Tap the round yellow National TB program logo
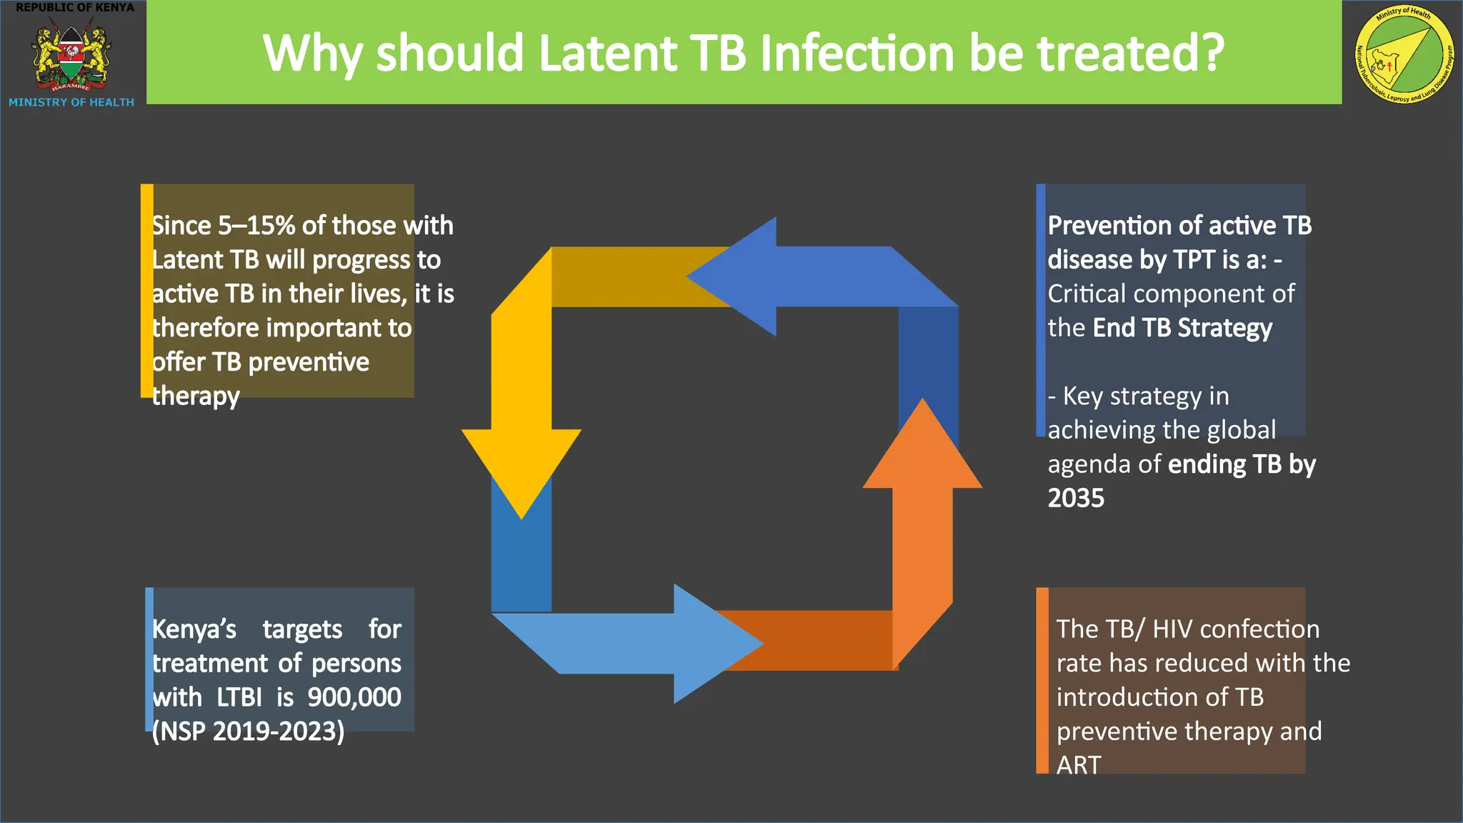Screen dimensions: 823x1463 pyautogui.click(x=1404, y=54)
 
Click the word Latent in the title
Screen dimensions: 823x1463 pyautogui.click(x=606, y=54)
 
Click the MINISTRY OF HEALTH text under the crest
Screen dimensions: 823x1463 pyautogui.click(x=71, y=102)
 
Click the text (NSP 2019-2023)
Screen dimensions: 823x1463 pyautogui.click(x=248, y=732)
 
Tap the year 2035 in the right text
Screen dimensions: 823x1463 pyautogui.click(x=1076, y=498)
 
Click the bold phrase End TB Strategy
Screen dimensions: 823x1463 pyautogui.click(x=1182, y=328)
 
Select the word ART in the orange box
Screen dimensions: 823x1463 pyautogui.click(x=1079, y=765)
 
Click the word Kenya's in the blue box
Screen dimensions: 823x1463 pyautogui.click(x=194, y=629)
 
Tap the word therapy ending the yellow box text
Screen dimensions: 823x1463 pyautogui.click(x=196, y=396)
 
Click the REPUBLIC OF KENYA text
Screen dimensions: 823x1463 pyautogui.click(x=75, y=7)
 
